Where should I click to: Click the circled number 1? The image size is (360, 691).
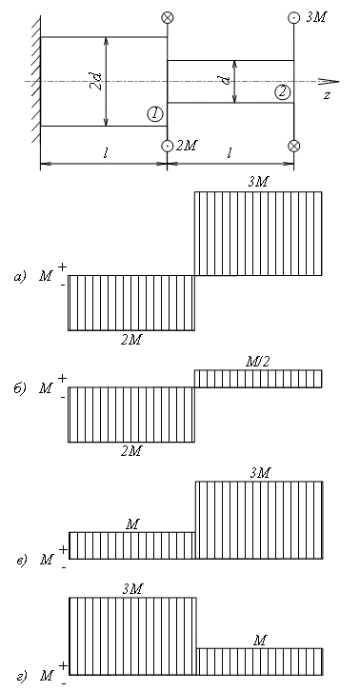(x=155, y=114)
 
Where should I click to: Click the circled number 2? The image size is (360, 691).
(x=282, y=92)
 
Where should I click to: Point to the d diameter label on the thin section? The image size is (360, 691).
(x=228, y=81)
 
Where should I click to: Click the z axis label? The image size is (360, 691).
(x=327, y=95)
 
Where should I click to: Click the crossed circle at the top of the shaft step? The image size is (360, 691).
(x=168, y=18)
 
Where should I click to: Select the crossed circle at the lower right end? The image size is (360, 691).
(x=294, y=146)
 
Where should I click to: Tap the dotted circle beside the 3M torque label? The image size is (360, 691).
(x=294, y=18)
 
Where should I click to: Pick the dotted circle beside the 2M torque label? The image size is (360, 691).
(x=168, y=146)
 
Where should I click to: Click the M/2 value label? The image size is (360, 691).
(x=257, y=363)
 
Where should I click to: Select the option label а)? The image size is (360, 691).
(x=20, y=277)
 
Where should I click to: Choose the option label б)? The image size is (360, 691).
(x=20, y=388)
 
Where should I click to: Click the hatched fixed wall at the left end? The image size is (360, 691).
(x=35, y=80)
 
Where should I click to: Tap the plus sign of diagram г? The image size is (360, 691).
(x=63, y=665)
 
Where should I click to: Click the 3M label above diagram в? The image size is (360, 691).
(x=259, y=473)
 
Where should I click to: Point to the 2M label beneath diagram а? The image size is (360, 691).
(x=131, y=340)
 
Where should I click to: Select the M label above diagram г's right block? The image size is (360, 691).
(x=260, y=641)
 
